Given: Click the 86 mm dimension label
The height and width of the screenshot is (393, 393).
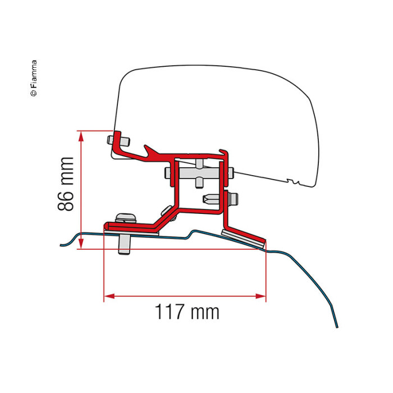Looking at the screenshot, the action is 66,184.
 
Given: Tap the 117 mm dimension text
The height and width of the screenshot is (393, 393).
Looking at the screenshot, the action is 187,312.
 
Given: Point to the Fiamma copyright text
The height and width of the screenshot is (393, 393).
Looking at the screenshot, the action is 34,78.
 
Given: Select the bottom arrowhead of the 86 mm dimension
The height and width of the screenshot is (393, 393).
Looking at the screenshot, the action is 81,243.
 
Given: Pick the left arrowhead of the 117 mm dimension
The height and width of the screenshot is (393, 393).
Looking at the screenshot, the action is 109,296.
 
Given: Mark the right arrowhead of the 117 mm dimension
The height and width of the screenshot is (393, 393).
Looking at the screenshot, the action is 261,296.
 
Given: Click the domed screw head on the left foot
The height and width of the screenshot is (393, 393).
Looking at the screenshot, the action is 126,218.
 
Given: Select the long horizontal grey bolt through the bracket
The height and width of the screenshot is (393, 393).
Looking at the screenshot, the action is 199,173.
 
